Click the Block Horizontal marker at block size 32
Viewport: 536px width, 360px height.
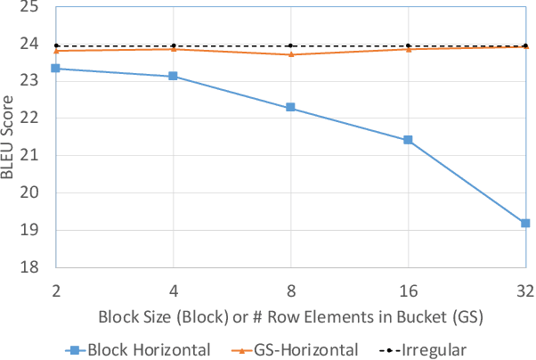pyautogui.click(x=525, y=223)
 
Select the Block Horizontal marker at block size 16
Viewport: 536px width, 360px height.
pyautogui.click(x=408, y=140)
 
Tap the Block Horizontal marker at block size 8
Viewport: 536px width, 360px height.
pyautogui.click(x=290, y=108)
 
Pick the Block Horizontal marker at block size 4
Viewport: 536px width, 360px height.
pyautogui.click(x=173, y=77)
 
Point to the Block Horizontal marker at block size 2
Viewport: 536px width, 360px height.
pyautogui.click(x=55, y=69)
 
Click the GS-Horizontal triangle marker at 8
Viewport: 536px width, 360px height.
pyautogui.click(x=290, y=54)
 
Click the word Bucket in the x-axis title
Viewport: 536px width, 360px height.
pyautogui.click(x=411, y=316)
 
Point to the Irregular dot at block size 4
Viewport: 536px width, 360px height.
pyautogui.click(x=173, y=45)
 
